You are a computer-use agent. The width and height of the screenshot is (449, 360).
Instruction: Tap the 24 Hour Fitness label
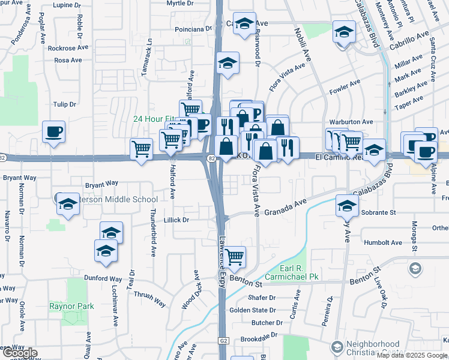tap(155, 119)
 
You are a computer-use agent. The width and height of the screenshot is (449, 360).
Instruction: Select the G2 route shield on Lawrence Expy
tap(224, 340)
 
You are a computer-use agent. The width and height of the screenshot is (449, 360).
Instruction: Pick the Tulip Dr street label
tap(65, 104)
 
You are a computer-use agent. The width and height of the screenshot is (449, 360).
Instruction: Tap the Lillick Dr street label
tap(176, 220)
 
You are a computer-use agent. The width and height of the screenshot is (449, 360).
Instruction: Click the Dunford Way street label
tap(103, 278)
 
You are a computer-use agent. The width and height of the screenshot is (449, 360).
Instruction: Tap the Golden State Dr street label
tap(252, 310)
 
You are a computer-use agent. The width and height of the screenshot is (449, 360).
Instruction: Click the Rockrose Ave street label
tap(68, 47)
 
